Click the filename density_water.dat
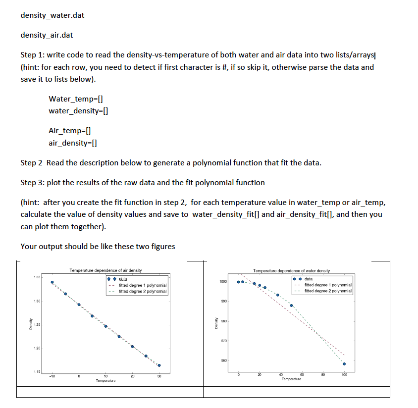[x=52, y=15]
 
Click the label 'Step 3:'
[x=32, y=183]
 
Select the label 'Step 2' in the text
[x=31, y=163]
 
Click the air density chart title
[x=106, y=270]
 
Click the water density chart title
[x=291, y=271]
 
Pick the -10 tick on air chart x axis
[x=52, y=376]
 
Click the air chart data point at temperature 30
[x=159, y=365]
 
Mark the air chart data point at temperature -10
[x=52, y=282]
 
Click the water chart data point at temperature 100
[x=344, y=364]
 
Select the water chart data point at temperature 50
[x=291, y=306]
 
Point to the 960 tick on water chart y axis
[x=223, y=361]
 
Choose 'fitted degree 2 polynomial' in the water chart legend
[x=328, y=291]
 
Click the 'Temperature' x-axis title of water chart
[x=291, y=379]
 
